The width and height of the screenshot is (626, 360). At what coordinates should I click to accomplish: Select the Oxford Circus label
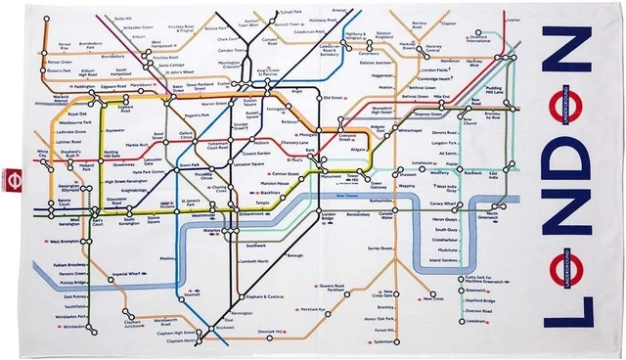tap(186, 135)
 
